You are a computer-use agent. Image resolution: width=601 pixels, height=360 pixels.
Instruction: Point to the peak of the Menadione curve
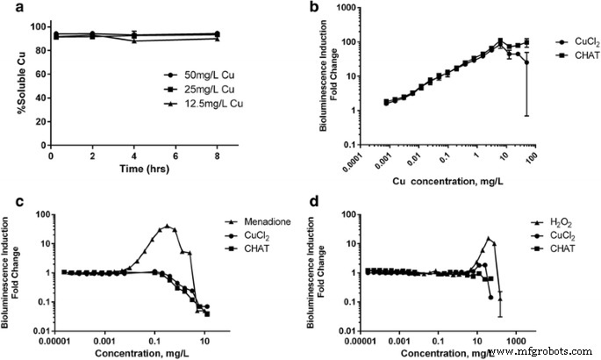tap(168, 226)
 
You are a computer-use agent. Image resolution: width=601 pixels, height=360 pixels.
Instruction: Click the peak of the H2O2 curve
tap(489, 238)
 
